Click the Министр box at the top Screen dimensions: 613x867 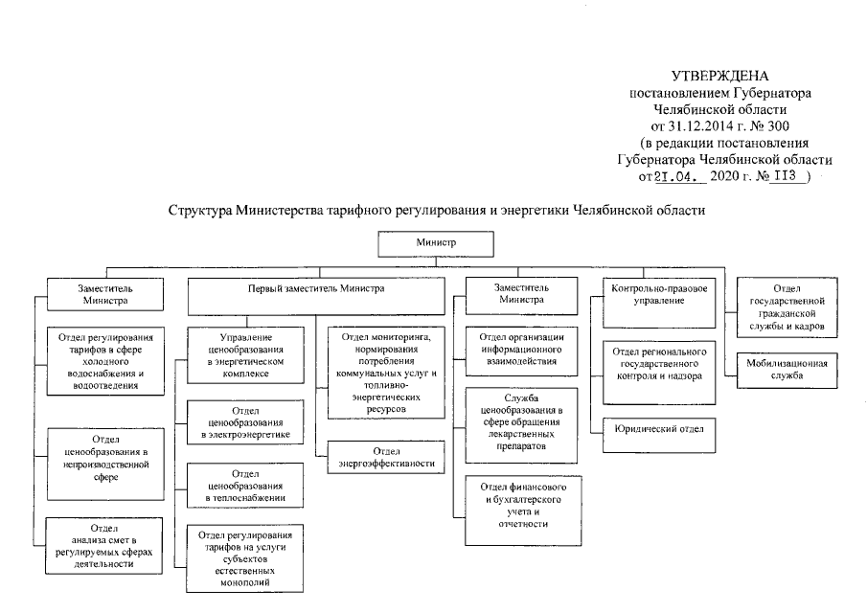click(435, 244)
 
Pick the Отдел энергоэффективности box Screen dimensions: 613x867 click(387, 457)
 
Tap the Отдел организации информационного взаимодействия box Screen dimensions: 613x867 click(521, 349)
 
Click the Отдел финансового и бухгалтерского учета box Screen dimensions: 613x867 click(521, 504)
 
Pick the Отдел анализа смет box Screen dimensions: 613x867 click(103, 545)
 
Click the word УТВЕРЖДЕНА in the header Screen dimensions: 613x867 click(719, 76)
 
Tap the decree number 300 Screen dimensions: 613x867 click(779, 125)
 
